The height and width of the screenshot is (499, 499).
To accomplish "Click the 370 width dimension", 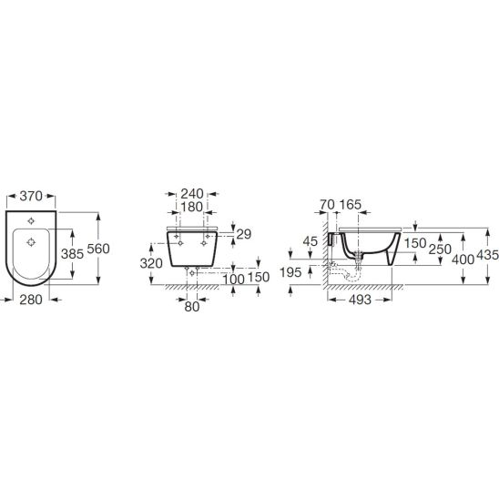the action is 31,196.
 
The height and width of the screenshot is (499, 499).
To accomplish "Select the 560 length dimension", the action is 98,249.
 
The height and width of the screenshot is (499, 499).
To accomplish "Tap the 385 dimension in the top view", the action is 72,254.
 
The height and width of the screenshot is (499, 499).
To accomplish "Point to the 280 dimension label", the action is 31,300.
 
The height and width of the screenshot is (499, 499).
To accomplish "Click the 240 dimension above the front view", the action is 192,193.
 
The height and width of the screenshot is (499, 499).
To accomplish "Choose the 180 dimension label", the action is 192,207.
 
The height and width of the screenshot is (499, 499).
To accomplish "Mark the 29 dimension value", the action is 244,234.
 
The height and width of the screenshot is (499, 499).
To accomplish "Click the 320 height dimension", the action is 151,263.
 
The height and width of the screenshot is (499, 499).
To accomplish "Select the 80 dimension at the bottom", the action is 192,307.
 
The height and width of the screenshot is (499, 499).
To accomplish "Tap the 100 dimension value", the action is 233,280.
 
